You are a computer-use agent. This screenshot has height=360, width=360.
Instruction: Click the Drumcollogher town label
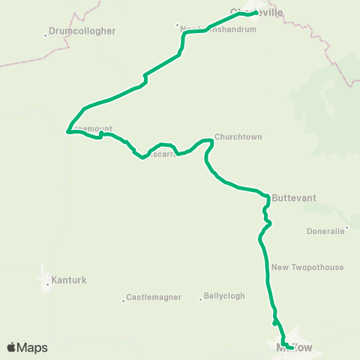[80, 32]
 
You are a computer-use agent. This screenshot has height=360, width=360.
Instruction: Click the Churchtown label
[238, 137]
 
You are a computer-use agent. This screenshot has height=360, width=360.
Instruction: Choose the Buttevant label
[293, 198]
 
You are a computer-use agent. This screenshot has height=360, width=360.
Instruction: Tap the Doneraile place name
[325, 231]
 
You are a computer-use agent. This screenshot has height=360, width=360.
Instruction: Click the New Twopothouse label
[307, 267]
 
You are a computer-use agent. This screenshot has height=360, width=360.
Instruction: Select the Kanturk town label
[69, 280]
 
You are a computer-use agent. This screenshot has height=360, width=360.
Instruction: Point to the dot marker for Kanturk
[46, 283]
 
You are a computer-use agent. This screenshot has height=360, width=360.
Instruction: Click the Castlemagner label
[154, 298]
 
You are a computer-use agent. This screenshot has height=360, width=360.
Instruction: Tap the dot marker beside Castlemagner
[123, 301]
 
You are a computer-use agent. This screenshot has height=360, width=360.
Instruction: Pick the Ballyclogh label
[224, 295]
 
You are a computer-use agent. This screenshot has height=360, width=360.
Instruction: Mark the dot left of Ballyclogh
[201, 298]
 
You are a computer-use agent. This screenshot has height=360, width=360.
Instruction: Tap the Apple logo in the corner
[11, 347]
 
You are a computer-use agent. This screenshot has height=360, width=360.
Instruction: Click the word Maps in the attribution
[33, 347]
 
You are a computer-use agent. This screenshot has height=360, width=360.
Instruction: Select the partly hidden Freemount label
[91, 129]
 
